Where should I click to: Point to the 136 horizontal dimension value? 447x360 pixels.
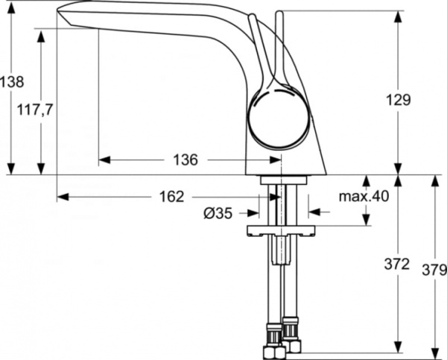(185, 160)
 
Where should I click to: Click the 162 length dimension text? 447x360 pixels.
(170, 197)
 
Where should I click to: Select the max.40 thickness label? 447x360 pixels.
(364, 197)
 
